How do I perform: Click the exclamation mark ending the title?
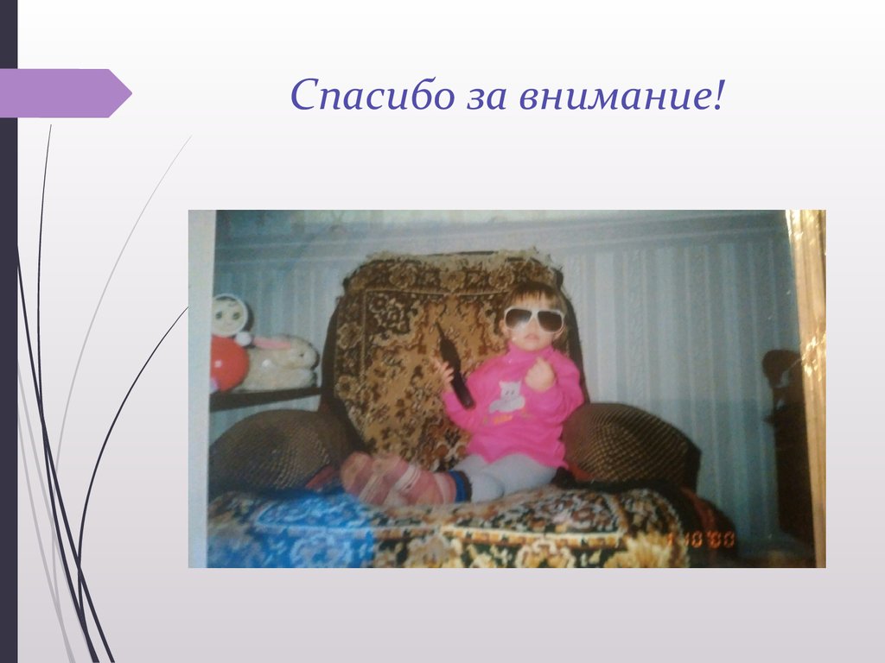(x=717, y=94)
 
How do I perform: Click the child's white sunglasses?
(x=533, y=319)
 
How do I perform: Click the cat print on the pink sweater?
(x=508, y=396)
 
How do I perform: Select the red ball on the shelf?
(x=227, y=363)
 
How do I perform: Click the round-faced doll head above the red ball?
(x=230, y=316)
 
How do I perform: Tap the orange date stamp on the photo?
(x=701, y=540)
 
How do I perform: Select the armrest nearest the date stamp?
(x=631, y=442)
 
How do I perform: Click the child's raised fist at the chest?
(x=539, y=375)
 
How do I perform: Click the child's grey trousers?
(x=506, y=476)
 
